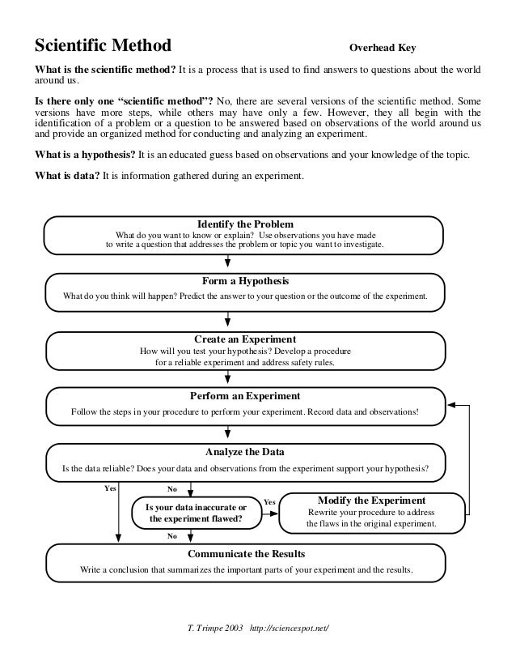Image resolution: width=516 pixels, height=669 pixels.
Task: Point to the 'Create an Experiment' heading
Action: pyautogui.click(x=245, y=339)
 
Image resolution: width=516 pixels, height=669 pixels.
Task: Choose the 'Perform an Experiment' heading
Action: pyautogui.click(x=245, y=396)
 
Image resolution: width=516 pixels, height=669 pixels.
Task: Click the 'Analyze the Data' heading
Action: pyautogui.click(x=245, y=451)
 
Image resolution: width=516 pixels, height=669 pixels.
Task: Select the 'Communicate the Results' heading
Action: pyautogui.click(x=246, y=554)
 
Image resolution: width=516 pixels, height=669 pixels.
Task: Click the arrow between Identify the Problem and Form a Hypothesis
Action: pyautogui.click(x=230, y=261)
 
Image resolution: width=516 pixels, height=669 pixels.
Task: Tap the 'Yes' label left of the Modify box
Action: pyautogui.click(x=269, y=503)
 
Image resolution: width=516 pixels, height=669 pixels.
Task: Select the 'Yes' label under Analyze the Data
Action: pyautogui.click(x=111, y=488)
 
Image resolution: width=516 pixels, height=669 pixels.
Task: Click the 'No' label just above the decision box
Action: pyautogui.click(x=171, y=489)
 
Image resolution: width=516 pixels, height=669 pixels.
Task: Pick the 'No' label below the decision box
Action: pyautogui.click(x=171, y=535)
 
